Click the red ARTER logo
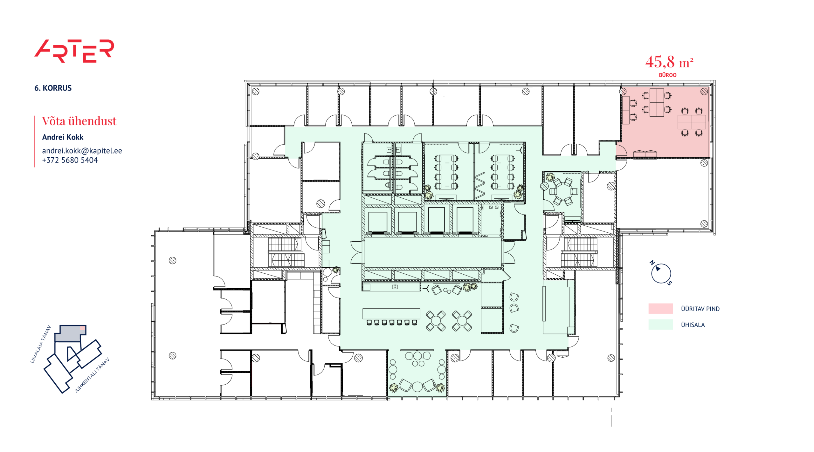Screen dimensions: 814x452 [74, 51]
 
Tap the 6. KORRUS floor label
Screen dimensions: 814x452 [53, 88]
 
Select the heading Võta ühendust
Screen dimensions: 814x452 [79, 121]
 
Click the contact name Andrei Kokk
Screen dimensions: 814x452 [63, 137]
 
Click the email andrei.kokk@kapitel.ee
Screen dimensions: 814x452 [82, 151]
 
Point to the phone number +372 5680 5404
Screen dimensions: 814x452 [70, 160]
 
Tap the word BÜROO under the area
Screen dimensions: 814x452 [667, 75]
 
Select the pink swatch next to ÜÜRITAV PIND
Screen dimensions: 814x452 [660, 308]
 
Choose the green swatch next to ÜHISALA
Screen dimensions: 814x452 [660, 325]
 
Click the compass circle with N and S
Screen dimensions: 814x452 [661, 273]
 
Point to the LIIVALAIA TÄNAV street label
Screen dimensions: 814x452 [41, 344]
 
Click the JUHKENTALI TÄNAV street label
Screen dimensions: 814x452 [92, 375]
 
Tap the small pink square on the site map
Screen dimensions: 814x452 [82, 328]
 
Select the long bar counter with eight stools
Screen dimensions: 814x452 [391, 317]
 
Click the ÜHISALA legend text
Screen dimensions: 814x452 [693, 325]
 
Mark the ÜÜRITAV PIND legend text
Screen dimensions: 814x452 [700, 309]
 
